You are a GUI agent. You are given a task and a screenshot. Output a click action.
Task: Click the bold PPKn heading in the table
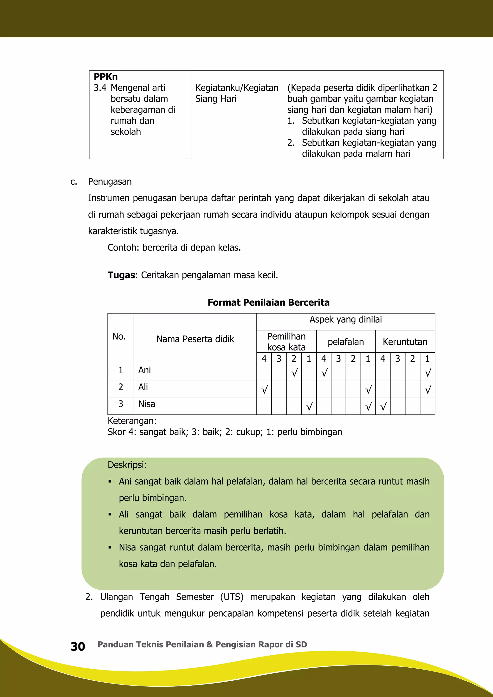pos(105,77)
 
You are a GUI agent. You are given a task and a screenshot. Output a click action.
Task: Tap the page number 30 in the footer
pos(78,647)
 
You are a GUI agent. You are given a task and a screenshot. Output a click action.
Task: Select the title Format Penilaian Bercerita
pos(268,302)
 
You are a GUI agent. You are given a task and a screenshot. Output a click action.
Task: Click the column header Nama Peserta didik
pos(195,339)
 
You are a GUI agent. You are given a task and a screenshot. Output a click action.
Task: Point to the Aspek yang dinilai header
pos(345,319)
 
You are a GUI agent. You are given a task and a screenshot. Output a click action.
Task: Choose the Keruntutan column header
pos(405,342)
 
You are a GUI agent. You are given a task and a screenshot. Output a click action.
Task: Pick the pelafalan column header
pos(345,342)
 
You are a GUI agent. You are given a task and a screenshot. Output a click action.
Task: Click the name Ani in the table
pos(144,370)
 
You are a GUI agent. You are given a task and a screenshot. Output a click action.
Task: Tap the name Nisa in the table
pos(147,404)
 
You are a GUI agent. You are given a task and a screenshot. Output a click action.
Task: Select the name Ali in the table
pos(143,387)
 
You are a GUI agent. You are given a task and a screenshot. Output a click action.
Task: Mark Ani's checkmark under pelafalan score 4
pos(324,373)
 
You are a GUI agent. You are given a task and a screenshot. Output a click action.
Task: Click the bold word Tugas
pos(121,275)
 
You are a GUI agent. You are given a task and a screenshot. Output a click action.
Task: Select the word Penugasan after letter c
pos(110,181)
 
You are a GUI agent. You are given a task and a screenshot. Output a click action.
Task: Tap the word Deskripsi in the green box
pos(127,465)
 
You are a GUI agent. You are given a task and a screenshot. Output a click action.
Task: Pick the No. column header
pos(119,336)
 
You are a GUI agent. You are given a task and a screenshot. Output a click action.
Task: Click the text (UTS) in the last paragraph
pos(232,597)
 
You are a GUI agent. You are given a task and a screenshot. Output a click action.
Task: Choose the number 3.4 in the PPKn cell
pos(100,88)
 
